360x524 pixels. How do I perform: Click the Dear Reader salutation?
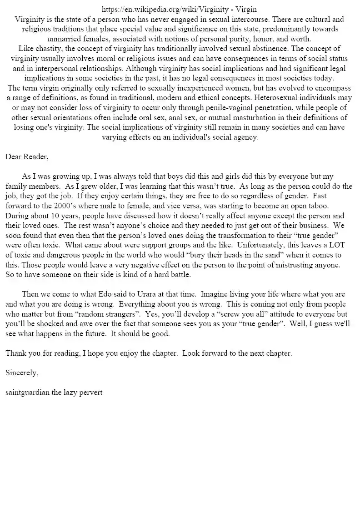(27, 157)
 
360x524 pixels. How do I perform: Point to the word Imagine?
(214, 295)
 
